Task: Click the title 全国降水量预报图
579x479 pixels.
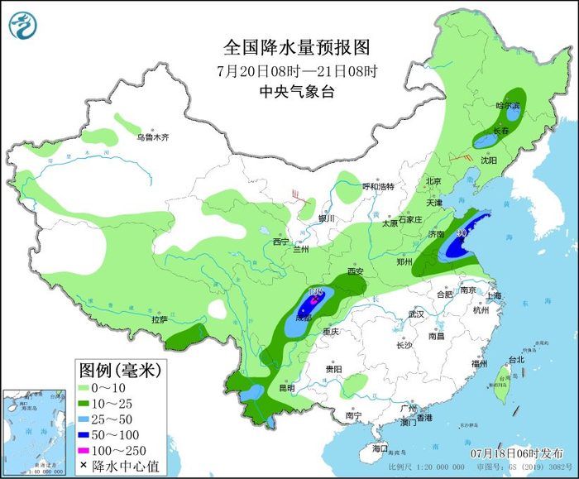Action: pyautogui.click(x=296, y=46)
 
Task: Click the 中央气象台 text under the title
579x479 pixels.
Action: pyautogui.click(x=296, y=91)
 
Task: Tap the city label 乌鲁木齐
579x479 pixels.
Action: pyautogui.click(x=152, y=137)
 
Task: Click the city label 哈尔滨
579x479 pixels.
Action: pyautogui.click(x=508, y=106)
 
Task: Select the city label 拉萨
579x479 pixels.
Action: pyautogui.click(x=159, y=319)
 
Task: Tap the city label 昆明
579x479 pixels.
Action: pyautogui.click(x=286, y=387)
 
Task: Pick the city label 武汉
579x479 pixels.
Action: pyautogui.click(x=415, y=314)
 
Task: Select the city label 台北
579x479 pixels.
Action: pyautogui.click(x=516, y=360)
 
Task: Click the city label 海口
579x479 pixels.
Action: pyautogui.click(x=380, y=448)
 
